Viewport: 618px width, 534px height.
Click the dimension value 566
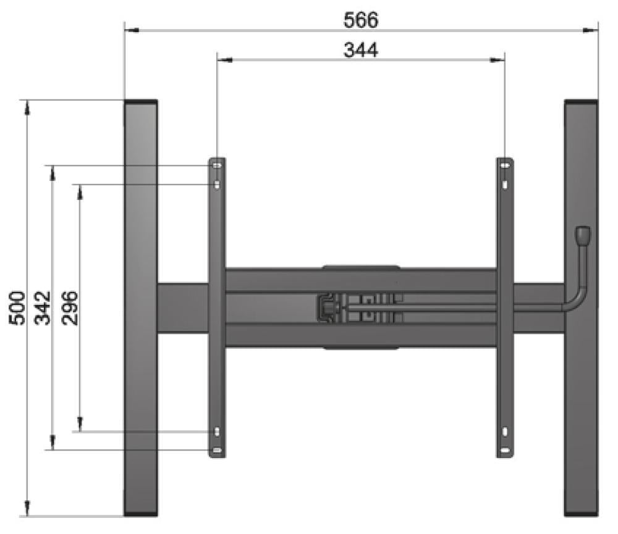(360, 20)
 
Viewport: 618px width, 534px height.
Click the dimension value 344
(360, 50)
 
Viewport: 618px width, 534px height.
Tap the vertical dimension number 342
(42, 307)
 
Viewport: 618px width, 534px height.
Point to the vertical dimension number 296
(69, 307)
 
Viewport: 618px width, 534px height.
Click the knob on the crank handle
(583, 235)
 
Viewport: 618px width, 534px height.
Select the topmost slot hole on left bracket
(216, 166)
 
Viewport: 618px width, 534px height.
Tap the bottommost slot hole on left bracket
(216, 450)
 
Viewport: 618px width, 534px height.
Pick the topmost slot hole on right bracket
(505, 166)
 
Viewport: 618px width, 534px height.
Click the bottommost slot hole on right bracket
(505, 450)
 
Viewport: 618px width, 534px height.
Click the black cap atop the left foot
(140, 102)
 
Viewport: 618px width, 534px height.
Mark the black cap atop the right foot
(581, 102)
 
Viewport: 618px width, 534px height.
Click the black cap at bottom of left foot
(140, 514)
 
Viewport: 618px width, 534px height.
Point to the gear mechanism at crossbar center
(328, 307)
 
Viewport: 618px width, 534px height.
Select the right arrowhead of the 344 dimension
(500, 60)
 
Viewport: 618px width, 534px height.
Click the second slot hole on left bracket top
(216, 185)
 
